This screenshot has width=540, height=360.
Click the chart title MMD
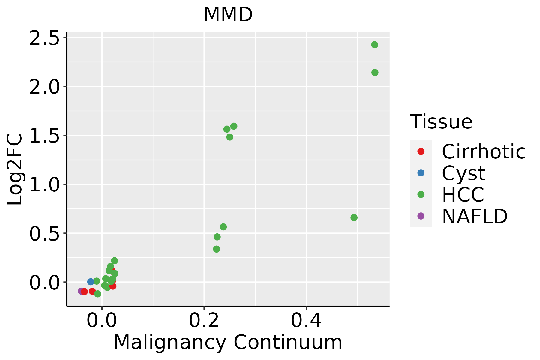point(228,15)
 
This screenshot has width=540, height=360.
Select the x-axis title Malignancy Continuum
point(228,342)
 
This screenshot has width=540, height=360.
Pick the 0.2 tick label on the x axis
point(204,321)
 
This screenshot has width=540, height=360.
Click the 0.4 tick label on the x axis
point(306,321)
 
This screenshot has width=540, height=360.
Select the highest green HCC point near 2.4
point(374,45)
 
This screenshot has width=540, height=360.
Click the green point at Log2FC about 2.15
point(375,73)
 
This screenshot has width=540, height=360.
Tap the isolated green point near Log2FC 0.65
point(354,217)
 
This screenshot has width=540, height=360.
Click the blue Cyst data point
point(91,282)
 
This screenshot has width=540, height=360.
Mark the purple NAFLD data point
point(81,291)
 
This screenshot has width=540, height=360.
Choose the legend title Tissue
point(441,122)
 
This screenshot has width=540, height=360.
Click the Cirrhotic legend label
point(483,151)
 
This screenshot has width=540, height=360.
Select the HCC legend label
point(463,195)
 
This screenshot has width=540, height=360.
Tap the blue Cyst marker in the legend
point(421,173)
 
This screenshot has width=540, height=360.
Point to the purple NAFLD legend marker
point(421,216)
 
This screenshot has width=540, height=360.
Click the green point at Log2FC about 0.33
point(217,249)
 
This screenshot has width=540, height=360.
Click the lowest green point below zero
point(97,294)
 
